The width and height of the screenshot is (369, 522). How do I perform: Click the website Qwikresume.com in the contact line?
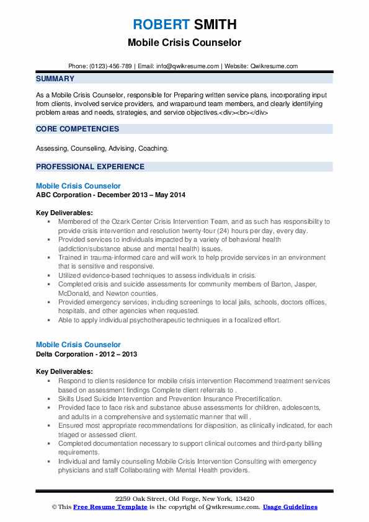coord(275,66)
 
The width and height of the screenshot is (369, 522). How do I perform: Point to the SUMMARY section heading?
coord(55,79)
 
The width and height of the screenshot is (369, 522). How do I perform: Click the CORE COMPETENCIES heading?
coord(78,129)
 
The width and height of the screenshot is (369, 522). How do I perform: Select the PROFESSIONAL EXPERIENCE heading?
coord(90,167)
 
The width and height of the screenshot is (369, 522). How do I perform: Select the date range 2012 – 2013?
coord(120,354)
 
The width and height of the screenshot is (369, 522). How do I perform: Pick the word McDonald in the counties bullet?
coord(74,294)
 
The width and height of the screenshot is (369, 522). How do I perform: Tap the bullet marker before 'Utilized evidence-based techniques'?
coord(50,274)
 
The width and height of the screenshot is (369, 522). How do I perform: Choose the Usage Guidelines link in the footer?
coord(290,507)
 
